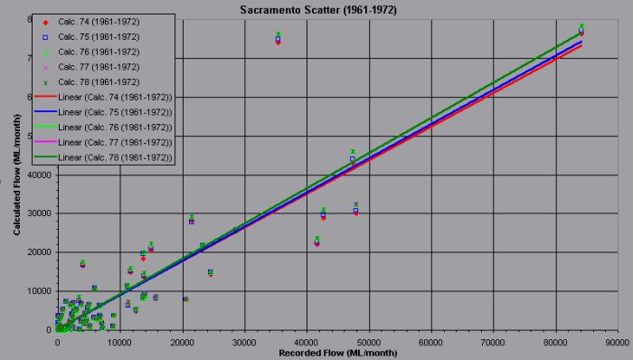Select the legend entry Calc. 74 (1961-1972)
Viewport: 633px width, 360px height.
[100, 22]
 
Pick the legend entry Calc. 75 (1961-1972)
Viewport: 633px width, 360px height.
[100, 36]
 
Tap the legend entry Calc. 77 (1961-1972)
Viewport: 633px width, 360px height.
[100, 66]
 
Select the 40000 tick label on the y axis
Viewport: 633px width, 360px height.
[40, 175]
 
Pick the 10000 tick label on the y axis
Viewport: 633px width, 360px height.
[40, 291]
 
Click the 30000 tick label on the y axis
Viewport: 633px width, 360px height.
[40, 213]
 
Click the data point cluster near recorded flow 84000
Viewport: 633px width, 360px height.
[581, 30]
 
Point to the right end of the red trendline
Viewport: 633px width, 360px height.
[581, 44]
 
